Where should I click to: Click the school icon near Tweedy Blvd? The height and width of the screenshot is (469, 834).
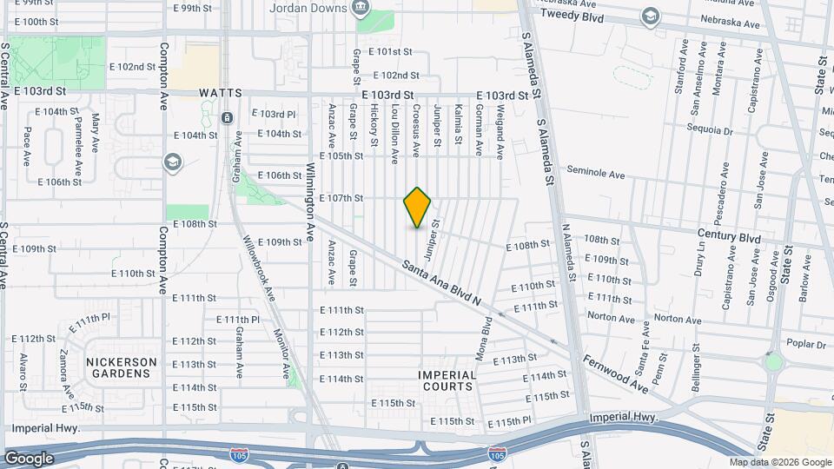click(x=649, y=17)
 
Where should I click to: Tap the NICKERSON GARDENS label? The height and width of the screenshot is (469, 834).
click(x=122, y=367)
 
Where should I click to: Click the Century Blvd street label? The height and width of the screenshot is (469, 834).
click(x=728, y=236)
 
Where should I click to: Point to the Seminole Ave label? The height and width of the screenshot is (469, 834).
click(x=596, y=174)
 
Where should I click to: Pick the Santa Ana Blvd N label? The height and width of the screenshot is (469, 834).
click(x=441, y=282)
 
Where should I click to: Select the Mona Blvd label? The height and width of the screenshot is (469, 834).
click(x=487, y=331)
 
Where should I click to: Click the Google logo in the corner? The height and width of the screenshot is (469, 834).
click(x=30, y=459)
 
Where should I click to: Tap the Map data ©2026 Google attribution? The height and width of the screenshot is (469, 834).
click(x=780, y=463)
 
